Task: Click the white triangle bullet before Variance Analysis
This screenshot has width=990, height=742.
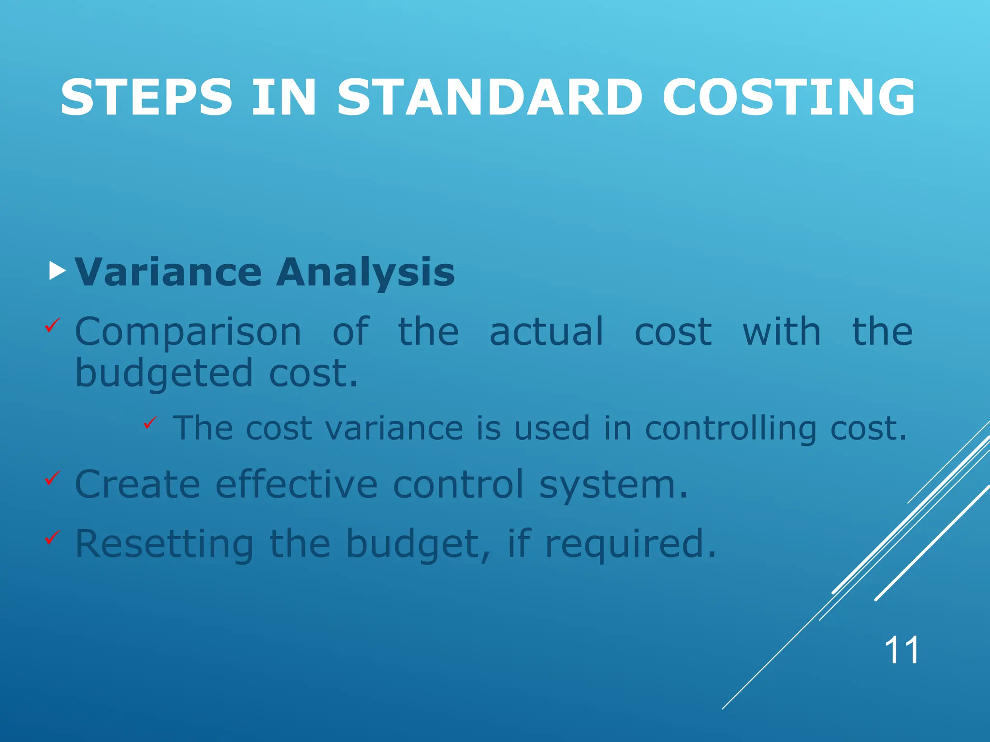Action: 57,271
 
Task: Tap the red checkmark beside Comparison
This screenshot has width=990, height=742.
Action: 52,325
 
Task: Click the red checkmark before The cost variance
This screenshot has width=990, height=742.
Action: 150,423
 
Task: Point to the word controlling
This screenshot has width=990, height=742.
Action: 730,429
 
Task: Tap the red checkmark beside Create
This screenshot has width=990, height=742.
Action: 52,478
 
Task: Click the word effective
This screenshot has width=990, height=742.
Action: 296,484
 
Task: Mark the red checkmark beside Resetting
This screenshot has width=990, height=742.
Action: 52,537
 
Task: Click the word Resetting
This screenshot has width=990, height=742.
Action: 164,544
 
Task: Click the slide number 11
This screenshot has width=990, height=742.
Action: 901,651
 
